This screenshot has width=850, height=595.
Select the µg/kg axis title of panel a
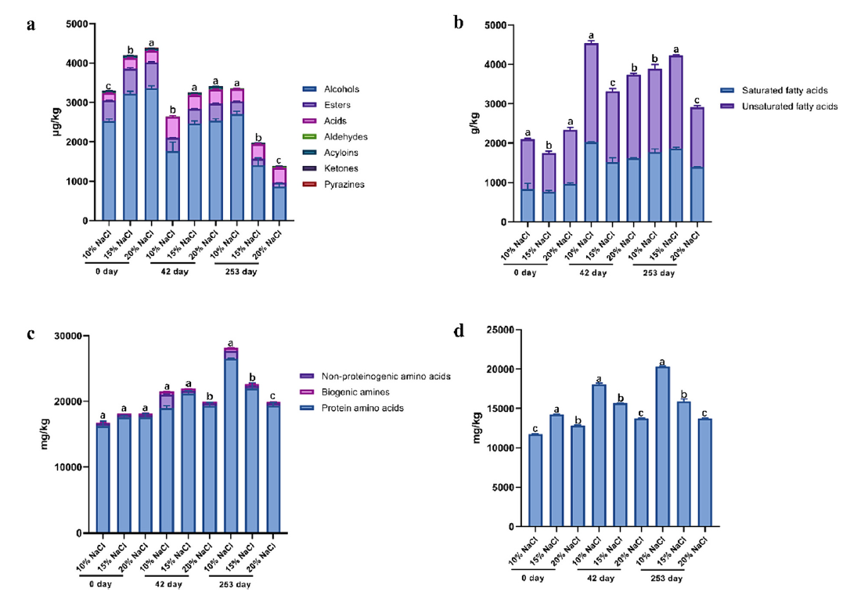tap(56, 122)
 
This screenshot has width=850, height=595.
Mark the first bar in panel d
tap(535, 480)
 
